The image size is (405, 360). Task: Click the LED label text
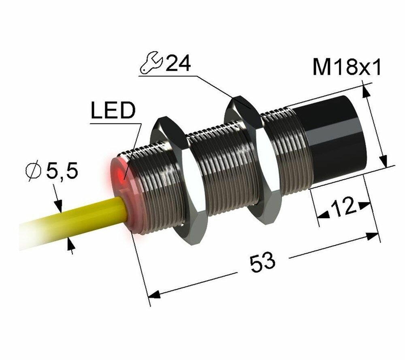click(112, 111)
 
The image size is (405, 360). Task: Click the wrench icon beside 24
click(150, 65)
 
